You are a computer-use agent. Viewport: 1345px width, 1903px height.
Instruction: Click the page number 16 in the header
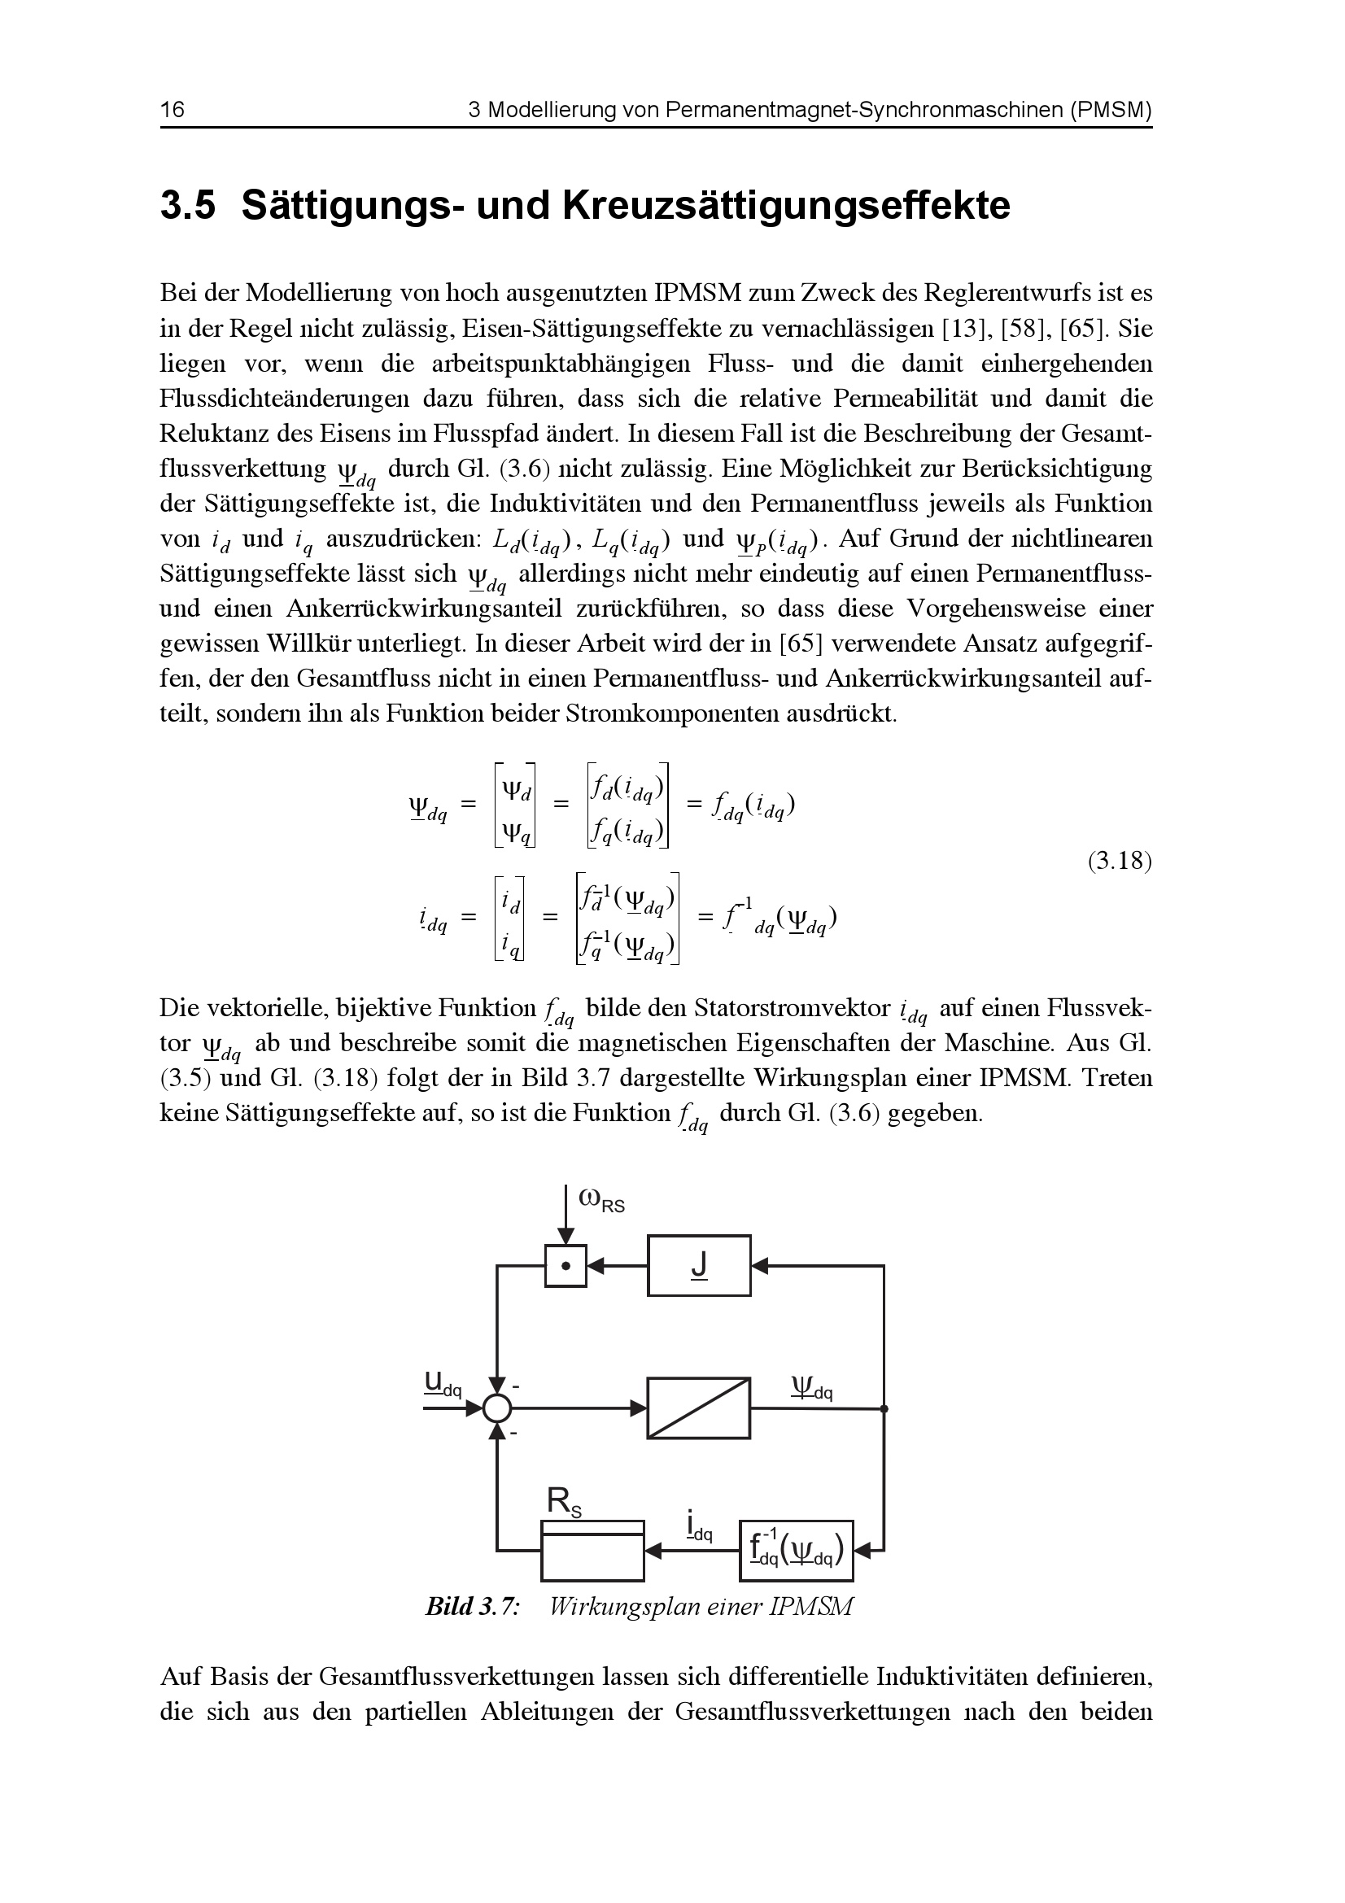pyautogui.click(x=172, y=110)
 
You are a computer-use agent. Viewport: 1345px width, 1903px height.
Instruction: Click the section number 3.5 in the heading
pyautogui.click(x=187, y=207)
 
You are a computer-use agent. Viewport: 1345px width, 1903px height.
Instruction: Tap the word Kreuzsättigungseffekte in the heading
pyautogui.click(x=787, y=207)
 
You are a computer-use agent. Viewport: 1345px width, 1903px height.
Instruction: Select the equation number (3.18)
pyautogui.click(x=1120, y=861)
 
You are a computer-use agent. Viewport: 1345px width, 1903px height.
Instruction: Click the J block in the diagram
pyautogui.click(x=699, y=1266)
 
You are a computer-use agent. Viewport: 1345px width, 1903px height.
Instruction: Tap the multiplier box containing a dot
pyautogui.click(x=566, y=1266)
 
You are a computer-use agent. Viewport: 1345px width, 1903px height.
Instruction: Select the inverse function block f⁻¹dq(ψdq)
pyautogui.click(x=796, y=1551)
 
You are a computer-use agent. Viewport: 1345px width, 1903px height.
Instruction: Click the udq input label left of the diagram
pyautogui.click(x=442, y=1383)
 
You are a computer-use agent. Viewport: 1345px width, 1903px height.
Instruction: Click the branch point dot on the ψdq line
pyautogui.click(x=884, y=1408)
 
